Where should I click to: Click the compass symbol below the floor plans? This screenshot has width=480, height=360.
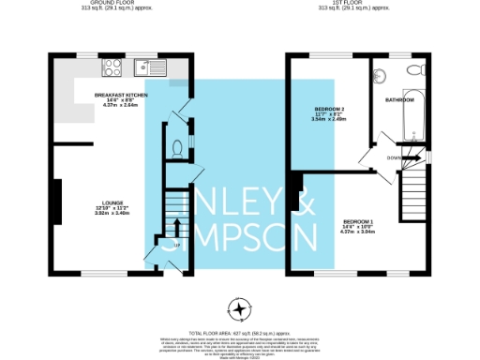pyautogui.click(x=241, y=308)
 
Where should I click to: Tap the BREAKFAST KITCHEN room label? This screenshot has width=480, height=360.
pyautogui.click(x=121, y=96)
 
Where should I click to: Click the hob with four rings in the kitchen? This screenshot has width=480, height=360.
pyautogui.click(x=112, y=67)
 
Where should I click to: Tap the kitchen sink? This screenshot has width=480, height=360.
pyautogui.click(x=148, y=67)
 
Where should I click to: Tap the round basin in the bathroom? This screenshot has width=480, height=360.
pyautogui.click(x=382, y=74)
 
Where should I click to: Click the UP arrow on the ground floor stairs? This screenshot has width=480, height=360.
pyautogui.click(x=174, y=226)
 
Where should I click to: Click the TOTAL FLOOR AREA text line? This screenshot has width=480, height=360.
pyautogui.click(x=241, y=333)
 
